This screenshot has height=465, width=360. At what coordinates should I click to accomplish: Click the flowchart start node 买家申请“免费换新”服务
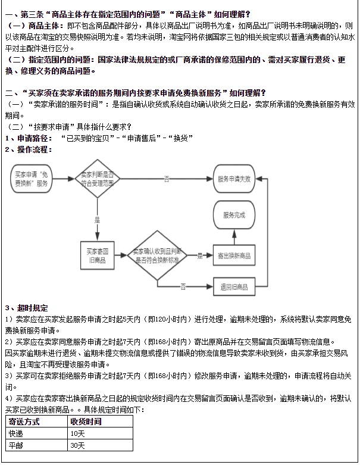point(32,179)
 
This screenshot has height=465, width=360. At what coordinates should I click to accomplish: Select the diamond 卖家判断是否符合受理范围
point(97,179)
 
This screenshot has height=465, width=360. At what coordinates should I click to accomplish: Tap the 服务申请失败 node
point(234,179)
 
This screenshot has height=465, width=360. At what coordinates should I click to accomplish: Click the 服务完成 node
point(234,215)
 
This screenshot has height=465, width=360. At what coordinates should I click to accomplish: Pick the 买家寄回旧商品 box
point(98,255)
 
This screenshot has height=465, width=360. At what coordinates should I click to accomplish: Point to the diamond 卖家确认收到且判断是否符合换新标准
point(157,255)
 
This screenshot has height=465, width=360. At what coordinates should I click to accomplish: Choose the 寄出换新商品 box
point(234,255)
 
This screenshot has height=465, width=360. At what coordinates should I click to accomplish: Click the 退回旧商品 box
point(234,287)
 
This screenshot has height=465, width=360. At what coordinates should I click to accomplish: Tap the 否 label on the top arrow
point(167,179)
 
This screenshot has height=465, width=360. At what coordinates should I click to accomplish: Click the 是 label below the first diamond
point(97,220)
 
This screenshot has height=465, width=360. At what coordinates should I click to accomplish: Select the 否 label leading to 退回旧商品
point(183,287)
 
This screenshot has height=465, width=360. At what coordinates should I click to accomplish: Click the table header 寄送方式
point(24,422)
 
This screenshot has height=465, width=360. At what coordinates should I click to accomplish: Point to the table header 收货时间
point(86,422)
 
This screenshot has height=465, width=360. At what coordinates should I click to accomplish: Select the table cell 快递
point(15,433)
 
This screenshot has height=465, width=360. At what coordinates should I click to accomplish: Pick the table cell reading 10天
point(77,433)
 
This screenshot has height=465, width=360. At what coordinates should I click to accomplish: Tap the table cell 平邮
point(15,445)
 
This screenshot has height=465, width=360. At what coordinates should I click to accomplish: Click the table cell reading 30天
point(77,445)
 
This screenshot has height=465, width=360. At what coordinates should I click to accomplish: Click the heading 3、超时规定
point(26,308)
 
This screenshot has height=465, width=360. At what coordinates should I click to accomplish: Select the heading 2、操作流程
point(29,149)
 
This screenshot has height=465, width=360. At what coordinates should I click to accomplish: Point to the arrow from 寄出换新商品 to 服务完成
point(234,237)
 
